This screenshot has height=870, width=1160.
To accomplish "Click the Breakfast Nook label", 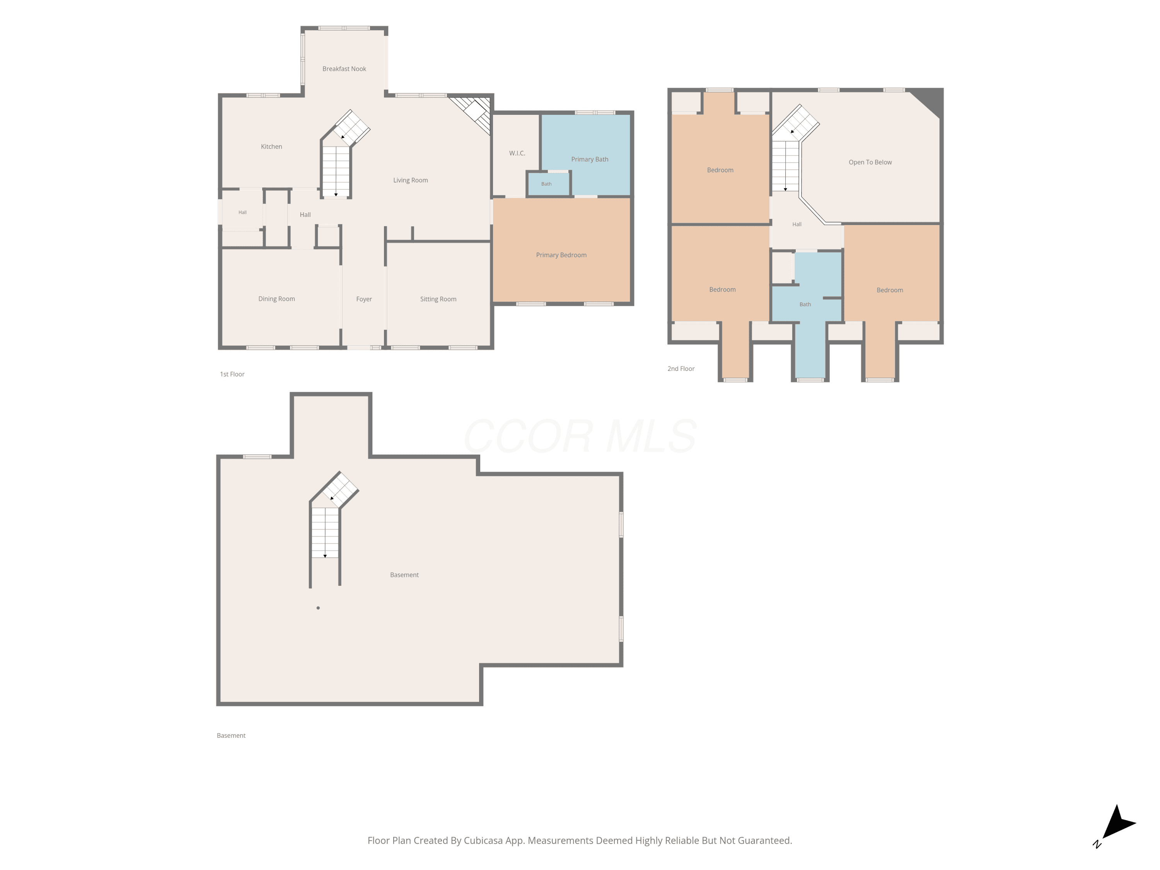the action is click(x=344, y=69).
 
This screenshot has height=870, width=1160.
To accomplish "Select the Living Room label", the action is click(x=411, y=180).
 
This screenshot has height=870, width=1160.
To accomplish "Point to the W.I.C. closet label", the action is click(x=517, y=153).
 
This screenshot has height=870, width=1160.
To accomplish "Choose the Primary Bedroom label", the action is click(x=561, y=255).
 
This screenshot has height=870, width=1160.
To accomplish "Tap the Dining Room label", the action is click(x=276, y=299).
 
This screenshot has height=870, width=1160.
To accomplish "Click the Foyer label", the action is click(x=364, y=299).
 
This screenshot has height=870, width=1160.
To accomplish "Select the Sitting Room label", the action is click(x=438, y=299).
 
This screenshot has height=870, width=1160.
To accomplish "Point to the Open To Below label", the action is click(x=870, y=162).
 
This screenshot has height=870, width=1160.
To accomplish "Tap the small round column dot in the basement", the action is click(x=318, y=608).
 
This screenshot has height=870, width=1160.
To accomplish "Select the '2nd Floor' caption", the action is click(x=681, y=368).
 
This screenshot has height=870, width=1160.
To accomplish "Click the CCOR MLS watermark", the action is click(x=580, y=436).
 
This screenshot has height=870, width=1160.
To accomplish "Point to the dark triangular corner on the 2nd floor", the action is click(x=929, y=101).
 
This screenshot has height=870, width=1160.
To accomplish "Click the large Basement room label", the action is click(x=404, y=575).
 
